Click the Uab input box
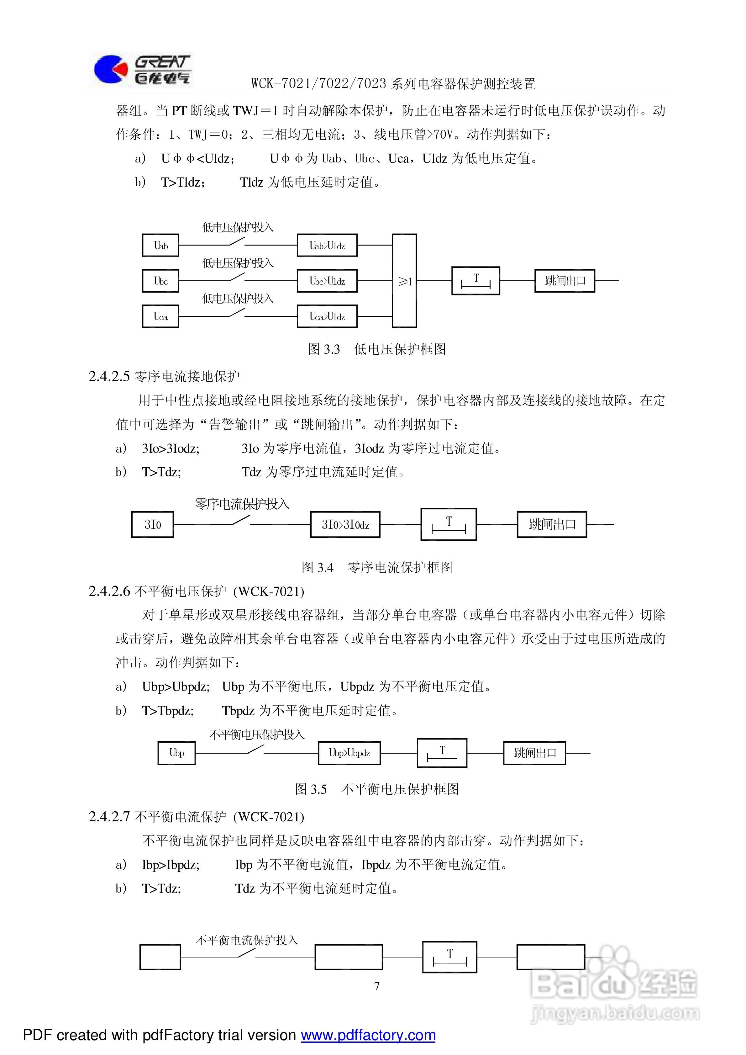pos(160,245)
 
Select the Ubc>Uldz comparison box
pos(327,281)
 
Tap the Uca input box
pos(160,316)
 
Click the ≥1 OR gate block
pos(404,281)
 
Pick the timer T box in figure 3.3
pos(475,281)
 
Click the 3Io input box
pos(153,524)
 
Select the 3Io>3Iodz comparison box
pos(345,524)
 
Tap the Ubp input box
pos(176,753)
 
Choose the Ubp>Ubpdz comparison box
pos(349,753)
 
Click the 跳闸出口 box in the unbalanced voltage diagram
pos(534,753)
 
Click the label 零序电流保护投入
pos(242,504)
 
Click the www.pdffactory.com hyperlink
pos(368,1035)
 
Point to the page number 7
pos(377,986)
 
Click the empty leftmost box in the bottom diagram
pos(160,957)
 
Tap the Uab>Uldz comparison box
pos(327,245)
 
